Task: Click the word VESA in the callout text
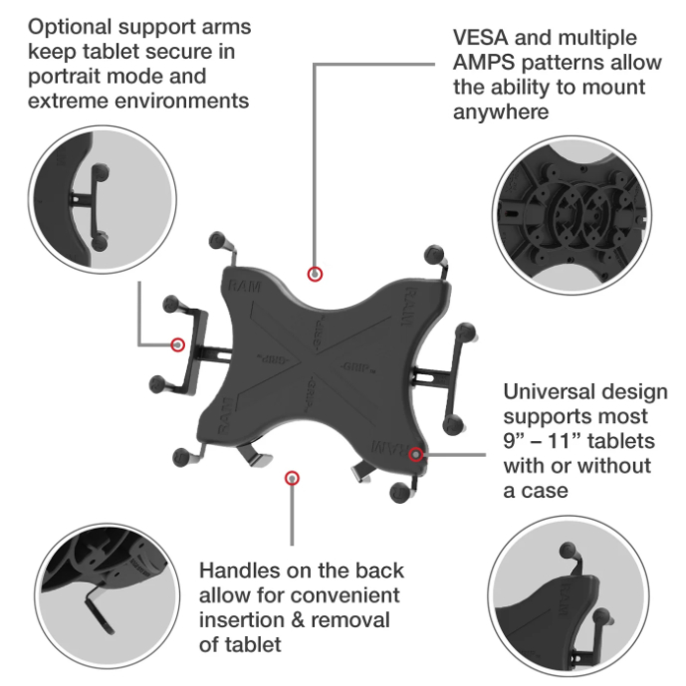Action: (x=480, y=38)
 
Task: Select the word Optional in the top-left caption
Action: (x=70, y=28)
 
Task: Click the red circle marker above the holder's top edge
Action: (x=315, y=275)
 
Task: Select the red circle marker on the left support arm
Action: (x=177, y=344)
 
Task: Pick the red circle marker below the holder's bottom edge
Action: (x=292, y=478)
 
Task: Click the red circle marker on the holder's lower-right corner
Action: (x=415, y=455)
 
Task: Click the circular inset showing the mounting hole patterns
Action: (x=572, y=215)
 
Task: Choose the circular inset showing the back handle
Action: (x=107, y=595)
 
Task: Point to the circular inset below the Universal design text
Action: (x=569, y=596)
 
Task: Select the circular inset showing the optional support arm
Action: (x=103, y=200)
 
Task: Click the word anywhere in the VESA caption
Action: (x=501, y=113)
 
